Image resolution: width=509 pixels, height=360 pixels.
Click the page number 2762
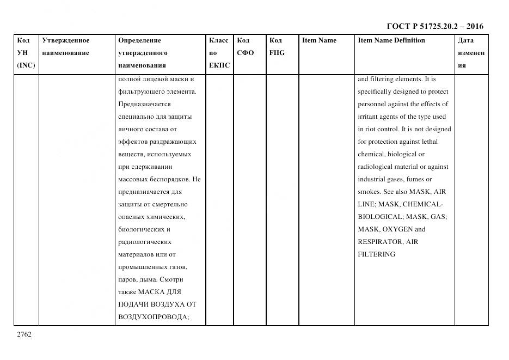pyautogui.click(x=24, y=334)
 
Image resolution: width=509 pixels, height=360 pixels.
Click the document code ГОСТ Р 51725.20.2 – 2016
pyautogui.click(x=435, y=26)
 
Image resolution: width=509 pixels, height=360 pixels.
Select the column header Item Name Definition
pyautogui.click(x=391, y=40)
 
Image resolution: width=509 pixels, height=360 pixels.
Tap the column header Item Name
pyautogui.click(x=319, y=40)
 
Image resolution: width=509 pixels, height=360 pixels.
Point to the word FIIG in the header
pyautogui.click(x=277, y=53)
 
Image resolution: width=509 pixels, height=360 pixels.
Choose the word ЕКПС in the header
pyautogui.click(x=219, y=65)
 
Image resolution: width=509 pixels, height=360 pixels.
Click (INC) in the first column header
pyautogui.click(x=26, y=65)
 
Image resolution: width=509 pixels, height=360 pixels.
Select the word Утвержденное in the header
pyautogui.click(x=66, y=40)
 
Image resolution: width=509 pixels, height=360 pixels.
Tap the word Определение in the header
pyautogui.click(x=139, y=40)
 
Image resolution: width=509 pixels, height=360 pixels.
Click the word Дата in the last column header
pyautogui.click(x=465, y=40)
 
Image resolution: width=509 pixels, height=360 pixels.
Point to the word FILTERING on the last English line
pyautogui.click(x=376, y=254)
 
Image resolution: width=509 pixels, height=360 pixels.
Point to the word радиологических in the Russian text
pyautogui.click(x=144, y=242)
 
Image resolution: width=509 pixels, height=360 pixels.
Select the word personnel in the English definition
pyautogui.click(x=372, y=104)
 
